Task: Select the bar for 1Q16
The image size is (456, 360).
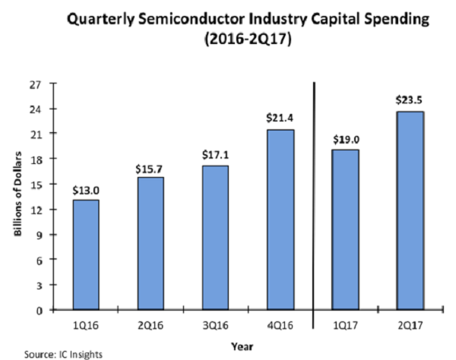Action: [86, 254]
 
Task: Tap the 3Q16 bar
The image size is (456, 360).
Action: [215, 237]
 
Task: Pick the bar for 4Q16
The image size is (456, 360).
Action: [280, 219]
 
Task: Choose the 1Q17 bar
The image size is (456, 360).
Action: [346, 229]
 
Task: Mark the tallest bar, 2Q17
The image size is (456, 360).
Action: [410, 210]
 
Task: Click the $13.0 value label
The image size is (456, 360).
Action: [86, 191]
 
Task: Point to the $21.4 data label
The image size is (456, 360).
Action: [280, 118]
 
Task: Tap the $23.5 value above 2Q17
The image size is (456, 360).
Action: [410, 99]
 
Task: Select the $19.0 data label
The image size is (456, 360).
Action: [346, 138]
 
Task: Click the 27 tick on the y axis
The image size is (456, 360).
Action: [35, 84]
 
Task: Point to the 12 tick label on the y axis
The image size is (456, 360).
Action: [35, 209]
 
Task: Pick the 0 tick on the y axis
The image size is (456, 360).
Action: [37, 310]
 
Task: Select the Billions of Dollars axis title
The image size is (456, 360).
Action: [16, 197]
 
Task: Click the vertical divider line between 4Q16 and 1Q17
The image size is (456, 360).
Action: [314, 205]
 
